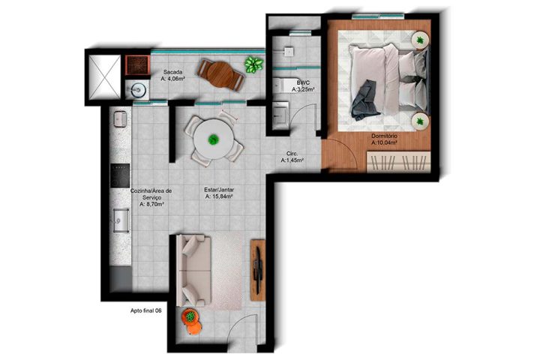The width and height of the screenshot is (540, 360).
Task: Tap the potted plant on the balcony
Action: (x=253, y=64)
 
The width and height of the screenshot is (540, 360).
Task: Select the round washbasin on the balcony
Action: (x=136, y=91)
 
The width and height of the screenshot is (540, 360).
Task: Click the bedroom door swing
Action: (x=341, y=154)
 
